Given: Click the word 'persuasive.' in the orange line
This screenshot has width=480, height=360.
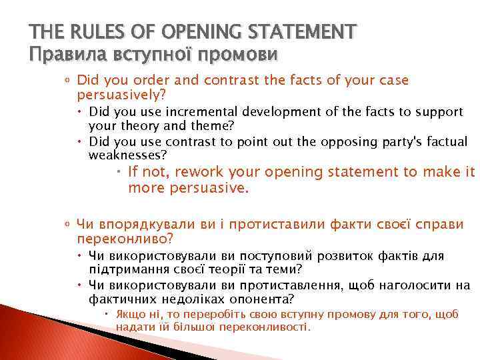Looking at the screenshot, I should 188,188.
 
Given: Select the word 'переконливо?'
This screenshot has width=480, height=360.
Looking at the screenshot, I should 125,237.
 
